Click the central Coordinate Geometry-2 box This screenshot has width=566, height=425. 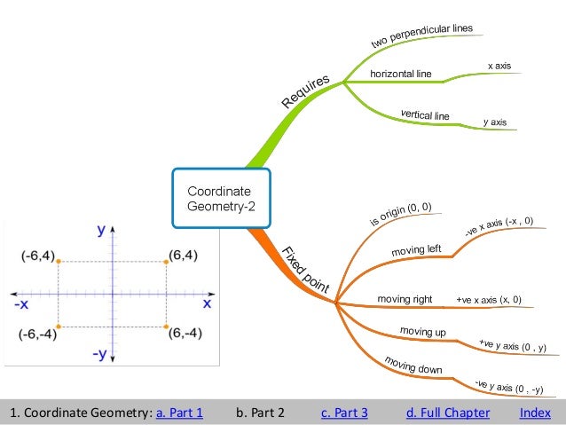pos(220,199)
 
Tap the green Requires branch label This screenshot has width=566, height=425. pos(306,92)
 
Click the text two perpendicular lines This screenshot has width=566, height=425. pos(421,36)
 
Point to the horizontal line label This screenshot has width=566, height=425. pos(399,74)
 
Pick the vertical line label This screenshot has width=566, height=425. pos(425,115)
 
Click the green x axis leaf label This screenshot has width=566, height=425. pos(499,66)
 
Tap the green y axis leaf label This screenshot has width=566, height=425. pos(494,122)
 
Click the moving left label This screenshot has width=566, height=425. pos(416,251)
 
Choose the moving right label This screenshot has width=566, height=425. pos(405,299)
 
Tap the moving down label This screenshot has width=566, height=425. pos(413,365)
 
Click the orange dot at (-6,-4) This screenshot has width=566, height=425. pos(59,327)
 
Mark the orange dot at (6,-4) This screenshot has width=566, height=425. pos(166,327)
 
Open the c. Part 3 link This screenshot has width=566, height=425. pos(345,413)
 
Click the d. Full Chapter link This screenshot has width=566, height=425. pos(447,413)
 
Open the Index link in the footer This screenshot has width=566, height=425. pos(535,413)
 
